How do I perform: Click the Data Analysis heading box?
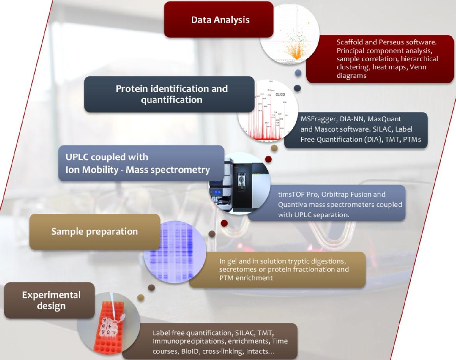point(219,20)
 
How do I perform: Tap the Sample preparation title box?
point(95,232)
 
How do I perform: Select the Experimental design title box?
point(49,300)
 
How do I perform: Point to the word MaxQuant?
point(384,119)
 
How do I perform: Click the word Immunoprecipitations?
point(189,341)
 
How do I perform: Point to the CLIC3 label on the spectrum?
point(280,94)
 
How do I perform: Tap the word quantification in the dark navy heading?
point(171,100)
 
